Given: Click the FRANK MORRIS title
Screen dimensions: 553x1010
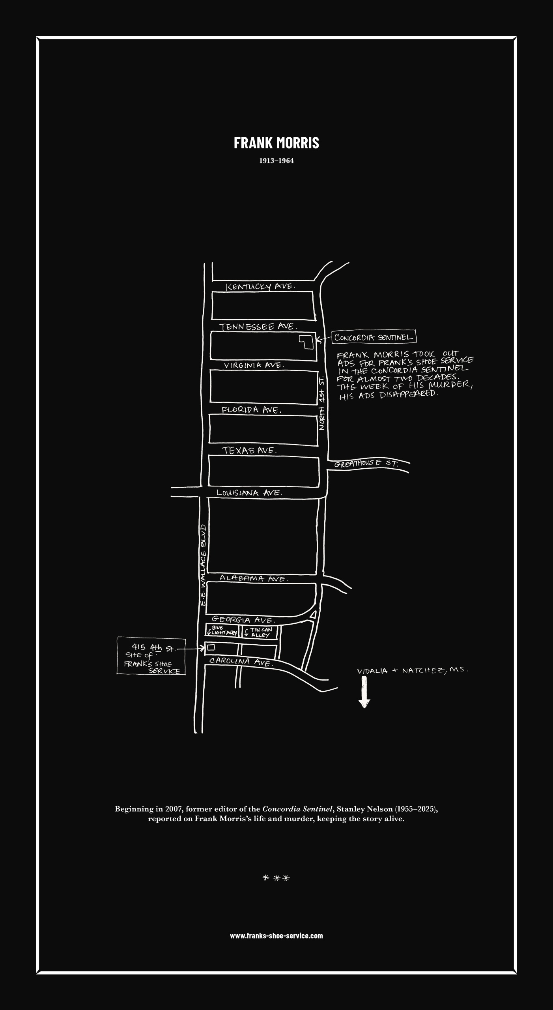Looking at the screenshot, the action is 276,143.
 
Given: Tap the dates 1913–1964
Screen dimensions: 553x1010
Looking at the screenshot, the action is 276,161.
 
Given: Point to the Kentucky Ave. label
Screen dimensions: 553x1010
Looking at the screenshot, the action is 260,286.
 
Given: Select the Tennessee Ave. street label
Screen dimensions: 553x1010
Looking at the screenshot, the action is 258,327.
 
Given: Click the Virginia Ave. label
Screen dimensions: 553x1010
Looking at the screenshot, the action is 254,365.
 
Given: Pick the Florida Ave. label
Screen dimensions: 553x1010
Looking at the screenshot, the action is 252,410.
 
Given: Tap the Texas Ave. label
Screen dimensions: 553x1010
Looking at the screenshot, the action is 249,450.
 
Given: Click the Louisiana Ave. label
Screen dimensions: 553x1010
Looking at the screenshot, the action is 250,493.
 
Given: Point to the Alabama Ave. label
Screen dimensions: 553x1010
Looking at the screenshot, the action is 254,578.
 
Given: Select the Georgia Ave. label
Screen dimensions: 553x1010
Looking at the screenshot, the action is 243,620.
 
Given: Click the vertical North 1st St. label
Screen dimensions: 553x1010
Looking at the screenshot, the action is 322,403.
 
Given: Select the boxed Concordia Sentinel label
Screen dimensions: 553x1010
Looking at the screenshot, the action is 374,337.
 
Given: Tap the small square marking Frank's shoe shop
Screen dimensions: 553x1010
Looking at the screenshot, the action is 211,647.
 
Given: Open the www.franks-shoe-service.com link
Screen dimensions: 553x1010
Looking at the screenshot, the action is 276,936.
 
